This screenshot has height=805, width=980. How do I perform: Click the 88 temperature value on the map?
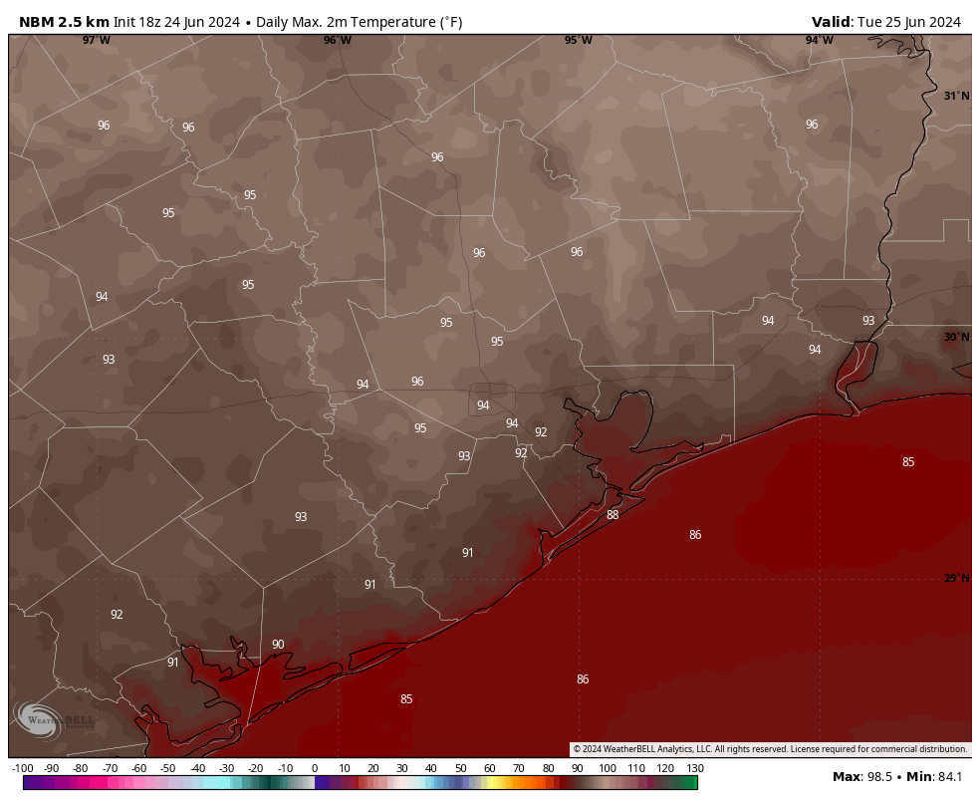point(612,515)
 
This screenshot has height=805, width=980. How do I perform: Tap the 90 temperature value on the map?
point(278,645)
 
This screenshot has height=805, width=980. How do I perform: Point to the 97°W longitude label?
point(97,41)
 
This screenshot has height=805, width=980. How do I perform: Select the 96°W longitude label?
point(337,41)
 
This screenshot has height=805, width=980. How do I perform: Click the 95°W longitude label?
point(578,41)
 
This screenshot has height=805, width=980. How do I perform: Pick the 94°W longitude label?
point(819,41)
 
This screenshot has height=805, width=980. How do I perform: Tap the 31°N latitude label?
point(956,97)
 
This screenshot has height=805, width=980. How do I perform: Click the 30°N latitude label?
point(956,338)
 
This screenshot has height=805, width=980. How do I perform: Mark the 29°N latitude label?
point(956,579)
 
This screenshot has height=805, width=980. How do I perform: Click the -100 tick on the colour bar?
point(23,768)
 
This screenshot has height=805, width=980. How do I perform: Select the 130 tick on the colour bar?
point(695,768)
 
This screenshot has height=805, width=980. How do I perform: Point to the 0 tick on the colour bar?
point(315,768)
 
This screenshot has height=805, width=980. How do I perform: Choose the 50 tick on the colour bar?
point(460,768)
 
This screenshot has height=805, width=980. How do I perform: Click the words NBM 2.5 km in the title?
point(64,22)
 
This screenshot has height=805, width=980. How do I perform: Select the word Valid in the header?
point(831,22)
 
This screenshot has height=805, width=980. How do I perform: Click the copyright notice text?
point(770,749)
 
